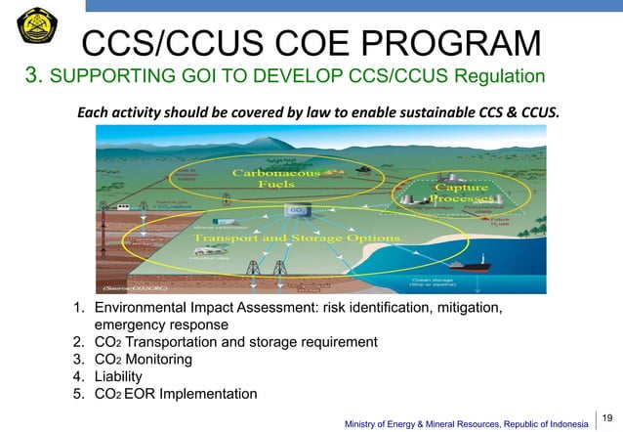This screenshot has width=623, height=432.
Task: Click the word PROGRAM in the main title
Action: (438, 43)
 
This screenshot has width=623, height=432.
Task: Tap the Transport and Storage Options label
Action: (296, 238)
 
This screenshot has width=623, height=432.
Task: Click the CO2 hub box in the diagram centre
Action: (295, 209)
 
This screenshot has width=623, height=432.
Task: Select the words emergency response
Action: (161, 324)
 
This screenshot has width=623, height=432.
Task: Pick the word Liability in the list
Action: (118, 376)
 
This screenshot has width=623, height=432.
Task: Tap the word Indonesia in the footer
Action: (561, 423)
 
